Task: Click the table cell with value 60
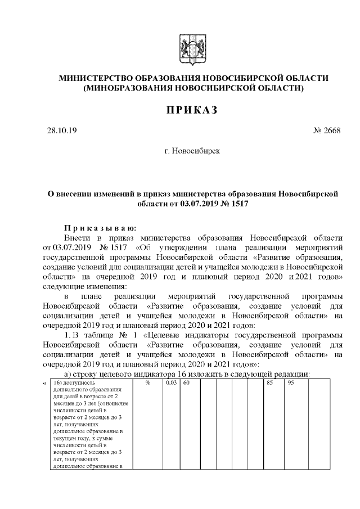click(187, 383)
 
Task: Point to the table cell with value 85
click(270, 383)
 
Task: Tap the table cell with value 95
click(291, 383)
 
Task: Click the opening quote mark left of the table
click(44, 383)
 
